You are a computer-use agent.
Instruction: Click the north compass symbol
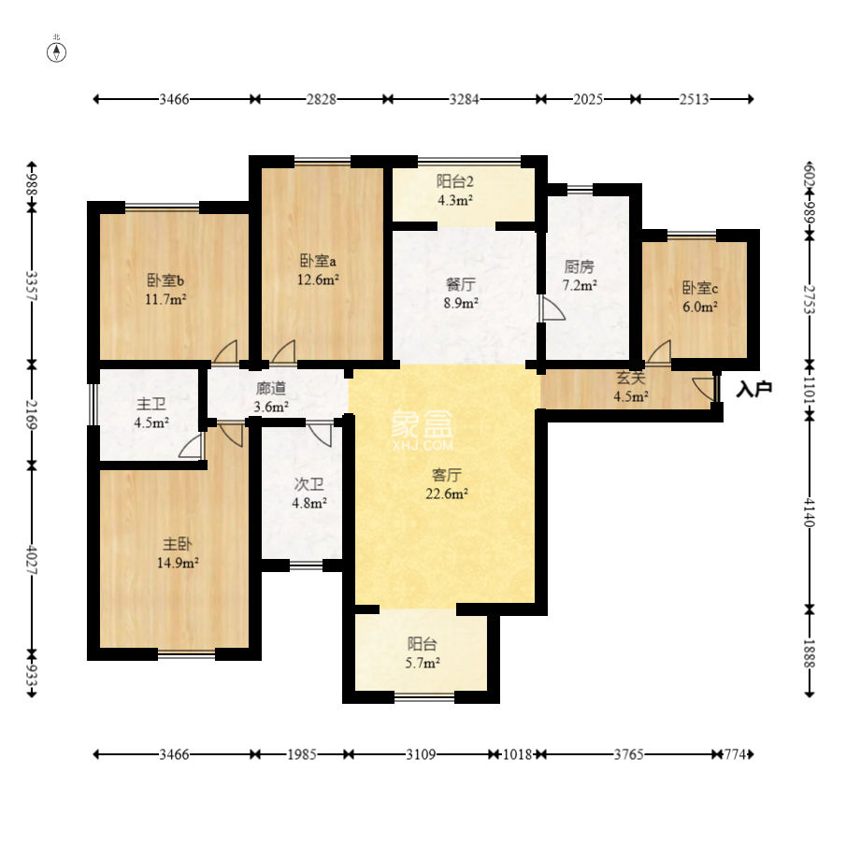(57, 52)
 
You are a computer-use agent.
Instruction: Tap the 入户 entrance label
(754, 389)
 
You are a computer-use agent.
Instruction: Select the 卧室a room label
(318, 260)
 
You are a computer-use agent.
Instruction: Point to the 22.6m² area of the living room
(447, 494)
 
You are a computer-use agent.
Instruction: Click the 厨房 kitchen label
(580, 266)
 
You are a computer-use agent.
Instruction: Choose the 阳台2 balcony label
(454, 181)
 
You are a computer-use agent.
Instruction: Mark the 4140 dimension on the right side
(810, 512)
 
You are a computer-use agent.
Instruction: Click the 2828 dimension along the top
(321, 99)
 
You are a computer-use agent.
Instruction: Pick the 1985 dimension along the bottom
(302, 754)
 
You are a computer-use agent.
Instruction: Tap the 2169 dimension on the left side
(32, 415)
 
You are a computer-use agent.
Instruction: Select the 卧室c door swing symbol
(659, 352)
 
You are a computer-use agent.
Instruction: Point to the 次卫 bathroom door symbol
(320, 435)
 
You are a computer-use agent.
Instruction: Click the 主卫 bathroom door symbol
(192, 445)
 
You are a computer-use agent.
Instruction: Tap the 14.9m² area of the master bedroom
(178, 563)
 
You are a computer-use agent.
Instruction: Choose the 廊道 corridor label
(271, 389)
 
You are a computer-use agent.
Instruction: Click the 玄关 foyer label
(631, 378)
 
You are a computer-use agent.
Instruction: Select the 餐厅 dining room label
(461, 284)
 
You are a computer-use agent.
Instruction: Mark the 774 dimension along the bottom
(735, 754)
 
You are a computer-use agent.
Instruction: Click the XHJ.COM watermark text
(423, 445)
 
